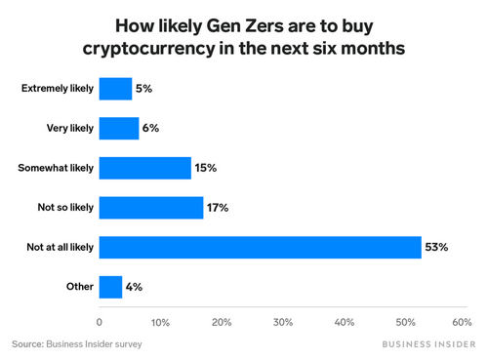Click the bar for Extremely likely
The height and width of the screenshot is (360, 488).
(x=115, y=89)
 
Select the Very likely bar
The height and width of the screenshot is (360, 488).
(x=119, y=128)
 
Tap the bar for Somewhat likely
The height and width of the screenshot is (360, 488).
(x=145, y=168)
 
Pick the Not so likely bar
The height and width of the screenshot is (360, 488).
(x=151, y=207)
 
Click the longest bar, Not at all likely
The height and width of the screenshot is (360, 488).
(x=260, y=247)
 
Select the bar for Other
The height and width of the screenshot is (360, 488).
(x=111, y=287)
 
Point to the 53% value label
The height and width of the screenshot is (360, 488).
(x=436, y=248)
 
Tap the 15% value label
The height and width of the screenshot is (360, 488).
(x=206, y=169)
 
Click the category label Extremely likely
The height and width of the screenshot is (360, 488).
(x=58, y=89)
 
